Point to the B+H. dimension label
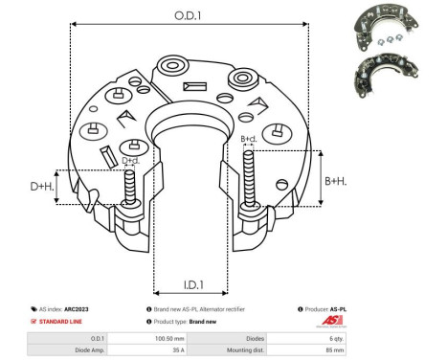336,181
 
